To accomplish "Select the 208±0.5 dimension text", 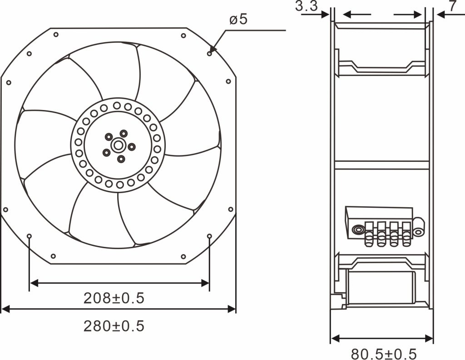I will pyautogui.click(x=114, y=298).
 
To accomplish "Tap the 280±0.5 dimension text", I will pyautogui.click(x=114, y=326).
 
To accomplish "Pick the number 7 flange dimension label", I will pyautogui.click(x=453, y=6).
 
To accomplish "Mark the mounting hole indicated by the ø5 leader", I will pyautogui.click(x=209, y=54).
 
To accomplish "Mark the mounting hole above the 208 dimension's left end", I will pyautogui.click(x=30, y=236).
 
